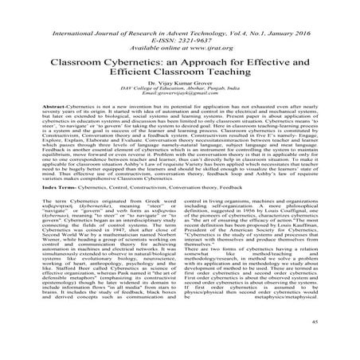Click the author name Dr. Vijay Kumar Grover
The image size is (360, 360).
[180, 93]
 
